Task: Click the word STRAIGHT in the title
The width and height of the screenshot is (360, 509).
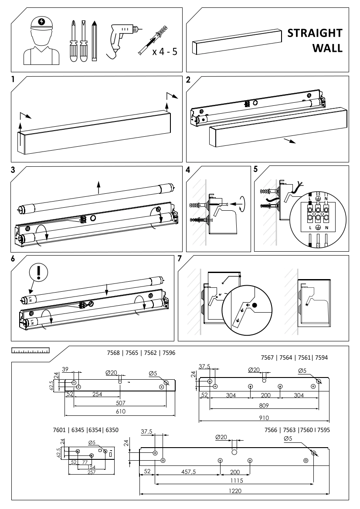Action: point(314,34)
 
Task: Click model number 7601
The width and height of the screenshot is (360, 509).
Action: point(59,430)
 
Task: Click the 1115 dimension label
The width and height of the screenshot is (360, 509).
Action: point(234,481)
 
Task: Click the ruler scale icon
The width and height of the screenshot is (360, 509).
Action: point(31,350)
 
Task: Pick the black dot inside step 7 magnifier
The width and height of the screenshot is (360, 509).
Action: point(255,305)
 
